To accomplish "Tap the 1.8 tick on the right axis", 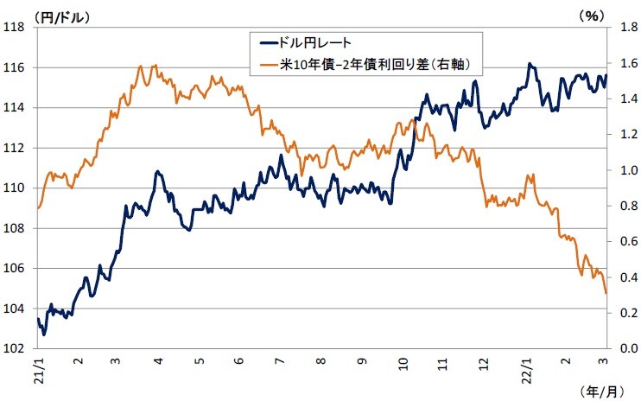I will (x=620, y=27).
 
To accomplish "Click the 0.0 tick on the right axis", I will (x=620, y=348).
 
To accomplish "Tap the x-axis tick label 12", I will (x=483, y=363).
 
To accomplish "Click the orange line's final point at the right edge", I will (x=606, y=294).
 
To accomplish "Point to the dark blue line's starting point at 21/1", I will (x=38, y=319).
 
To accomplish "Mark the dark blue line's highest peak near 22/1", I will (x=530, y=64).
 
